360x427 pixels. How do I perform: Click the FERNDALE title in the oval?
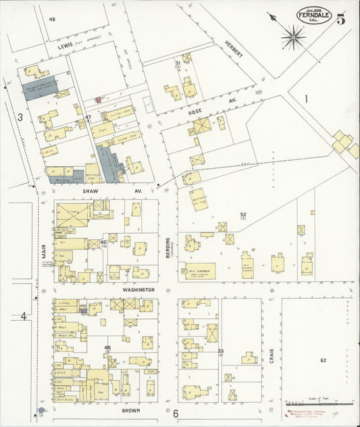click(314, 18)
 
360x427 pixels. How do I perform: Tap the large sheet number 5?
click(342, 18)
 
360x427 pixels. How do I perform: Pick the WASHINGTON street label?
click(138, 289)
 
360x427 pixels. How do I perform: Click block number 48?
click(52, 20)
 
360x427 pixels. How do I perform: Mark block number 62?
click(323, 361)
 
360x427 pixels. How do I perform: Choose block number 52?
click(242, 215)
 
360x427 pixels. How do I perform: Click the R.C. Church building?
click(197, 270)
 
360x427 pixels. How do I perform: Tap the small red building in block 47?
click(98, 100)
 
